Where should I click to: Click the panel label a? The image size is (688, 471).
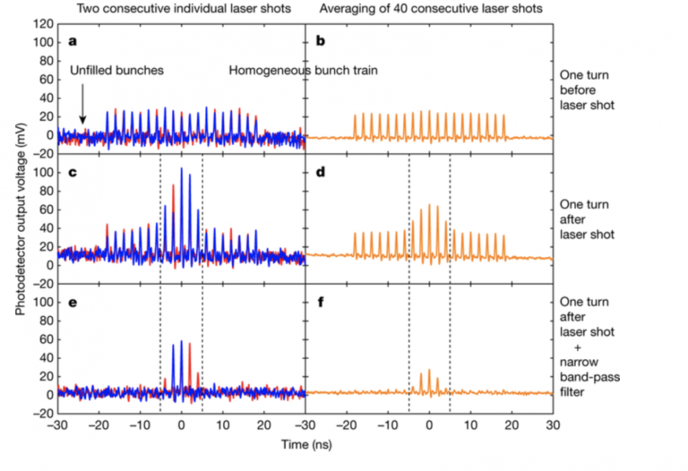pos(72,42)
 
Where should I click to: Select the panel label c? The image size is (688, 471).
pos(72,172)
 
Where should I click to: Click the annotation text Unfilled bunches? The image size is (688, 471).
pos(116,70)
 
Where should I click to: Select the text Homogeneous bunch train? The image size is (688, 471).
pos(303,70)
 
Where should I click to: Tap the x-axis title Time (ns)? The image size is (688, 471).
pos(305,445)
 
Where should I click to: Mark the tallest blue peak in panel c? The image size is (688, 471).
pos(182,168)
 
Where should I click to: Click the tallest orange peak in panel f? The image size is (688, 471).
pos(429,370)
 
